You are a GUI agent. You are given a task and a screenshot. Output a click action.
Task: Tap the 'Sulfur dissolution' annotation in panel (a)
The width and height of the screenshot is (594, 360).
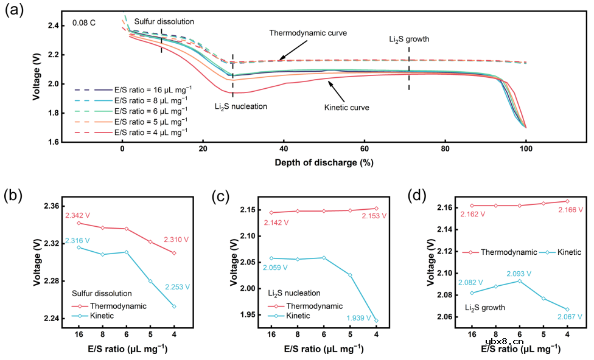(164, 21)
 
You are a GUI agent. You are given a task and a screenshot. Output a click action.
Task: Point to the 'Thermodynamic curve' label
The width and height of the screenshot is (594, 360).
(308, 33)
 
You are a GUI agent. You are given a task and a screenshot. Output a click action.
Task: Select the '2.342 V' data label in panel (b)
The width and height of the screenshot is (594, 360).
(79, 215)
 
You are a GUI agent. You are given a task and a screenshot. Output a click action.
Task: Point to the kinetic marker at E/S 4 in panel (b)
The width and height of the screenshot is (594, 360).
(174, 306)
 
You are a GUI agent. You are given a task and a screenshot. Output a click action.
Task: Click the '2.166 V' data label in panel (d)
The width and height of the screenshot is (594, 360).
(570, 210)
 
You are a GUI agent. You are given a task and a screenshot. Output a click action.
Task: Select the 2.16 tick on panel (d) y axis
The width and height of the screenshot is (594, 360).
(447, 207)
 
